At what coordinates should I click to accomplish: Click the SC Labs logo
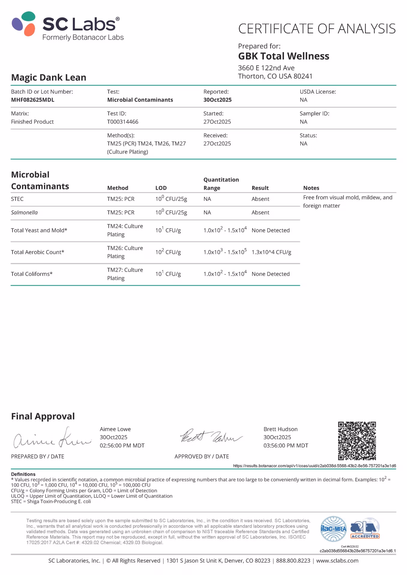67,26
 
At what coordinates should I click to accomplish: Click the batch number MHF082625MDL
33,100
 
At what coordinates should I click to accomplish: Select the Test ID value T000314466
123,122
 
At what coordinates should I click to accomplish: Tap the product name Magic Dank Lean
49,77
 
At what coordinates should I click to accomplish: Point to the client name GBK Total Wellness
283,56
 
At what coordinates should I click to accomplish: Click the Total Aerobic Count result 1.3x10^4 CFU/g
271,252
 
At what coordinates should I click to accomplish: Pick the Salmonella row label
24,212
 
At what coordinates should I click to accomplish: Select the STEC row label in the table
17,199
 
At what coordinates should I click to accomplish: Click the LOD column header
161,188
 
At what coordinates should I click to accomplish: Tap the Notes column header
311,188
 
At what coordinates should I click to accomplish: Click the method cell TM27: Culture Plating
125,274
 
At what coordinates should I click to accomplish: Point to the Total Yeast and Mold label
39,230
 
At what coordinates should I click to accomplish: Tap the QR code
357,441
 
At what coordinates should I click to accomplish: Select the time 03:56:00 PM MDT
286,445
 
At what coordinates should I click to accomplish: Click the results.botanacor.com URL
314,466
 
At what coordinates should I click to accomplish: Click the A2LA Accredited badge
365,529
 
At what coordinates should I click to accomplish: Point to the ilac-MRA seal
333,529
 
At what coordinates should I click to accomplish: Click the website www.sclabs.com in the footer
337,560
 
